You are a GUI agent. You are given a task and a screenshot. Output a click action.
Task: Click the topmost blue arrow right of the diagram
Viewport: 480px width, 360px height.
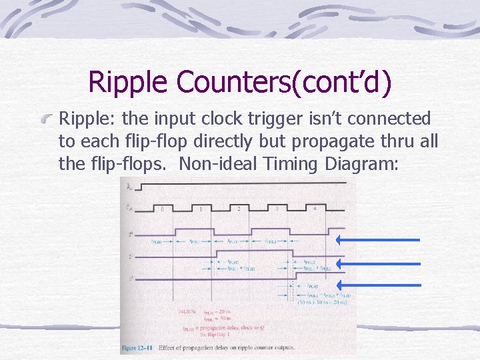pos(378,239)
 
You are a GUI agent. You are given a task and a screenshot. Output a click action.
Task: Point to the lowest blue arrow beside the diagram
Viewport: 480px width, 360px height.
pos(378,285)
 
